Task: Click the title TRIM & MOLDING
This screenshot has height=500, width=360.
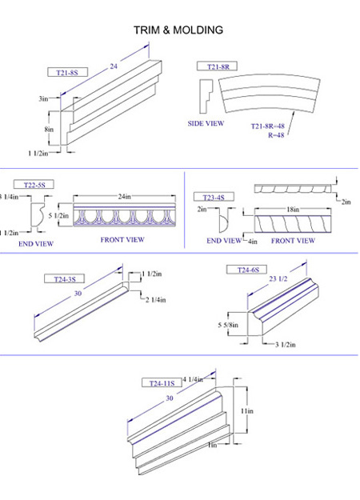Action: [x=178, y=30]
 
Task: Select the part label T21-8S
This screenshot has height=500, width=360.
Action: [x=67, y=72]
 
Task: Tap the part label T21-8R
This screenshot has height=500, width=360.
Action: [x=218, y=66]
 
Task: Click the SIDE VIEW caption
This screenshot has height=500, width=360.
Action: [x=206, y=123]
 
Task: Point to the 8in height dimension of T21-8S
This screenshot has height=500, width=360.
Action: [x=49, y=129]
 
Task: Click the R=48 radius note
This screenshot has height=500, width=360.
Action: [x=276, y=135]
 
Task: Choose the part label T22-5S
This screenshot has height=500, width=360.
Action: [x=34, y=185]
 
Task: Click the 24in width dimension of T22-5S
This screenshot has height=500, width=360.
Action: [x=124, y=197]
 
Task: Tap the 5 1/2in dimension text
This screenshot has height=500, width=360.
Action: [x=58, y=215]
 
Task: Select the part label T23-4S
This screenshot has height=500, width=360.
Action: [x=214, y=197]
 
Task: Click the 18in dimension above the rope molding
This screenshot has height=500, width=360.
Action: [x=293, y=209]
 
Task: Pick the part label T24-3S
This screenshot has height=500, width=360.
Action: [x=65, y=279]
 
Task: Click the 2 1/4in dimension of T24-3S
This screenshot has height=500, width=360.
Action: [x=156, y=300]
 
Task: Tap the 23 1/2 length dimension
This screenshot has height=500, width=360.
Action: [x=278, y=278]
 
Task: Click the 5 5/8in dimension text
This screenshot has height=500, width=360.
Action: [x=228, y=325]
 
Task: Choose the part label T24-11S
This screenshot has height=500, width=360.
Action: [x=162, y=382]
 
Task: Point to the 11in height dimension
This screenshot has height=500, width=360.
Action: [x=247, y=410]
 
